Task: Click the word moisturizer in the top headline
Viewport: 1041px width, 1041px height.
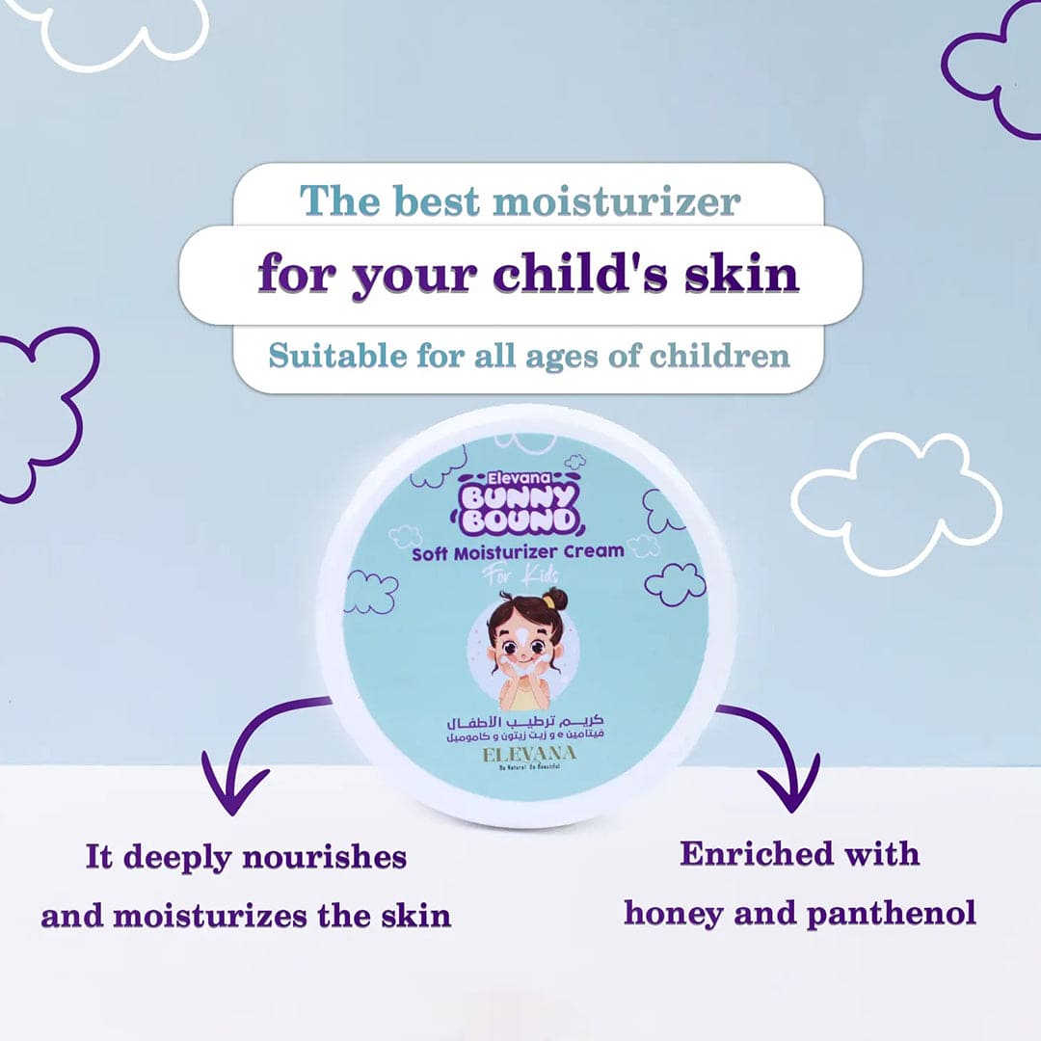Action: coord(616,202)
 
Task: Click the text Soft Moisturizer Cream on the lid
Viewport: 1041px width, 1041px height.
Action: coord(518,552)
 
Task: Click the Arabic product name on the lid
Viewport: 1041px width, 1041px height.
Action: coord(521,721)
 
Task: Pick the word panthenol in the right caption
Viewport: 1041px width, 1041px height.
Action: coord(891,912)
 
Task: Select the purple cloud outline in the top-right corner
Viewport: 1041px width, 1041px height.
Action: coord(993,67)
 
